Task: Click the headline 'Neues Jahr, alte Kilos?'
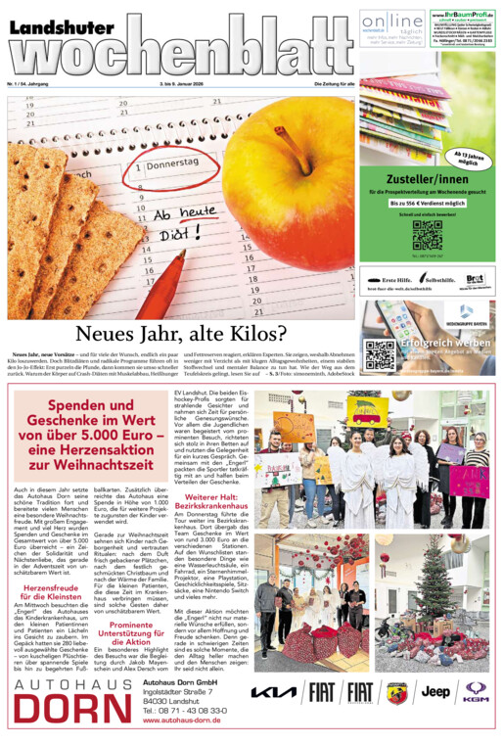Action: pos(181,334)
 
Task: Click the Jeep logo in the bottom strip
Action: pos(435,691)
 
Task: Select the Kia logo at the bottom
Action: pos(273,692)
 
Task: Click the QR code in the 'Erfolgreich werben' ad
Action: pos(379,355)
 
